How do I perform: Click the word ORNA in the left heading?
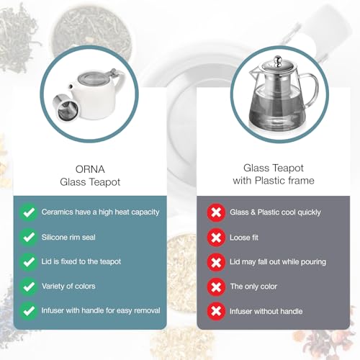click(x=90, y=169)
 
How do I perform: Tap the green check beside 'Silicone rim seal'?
click(x=29, y=237)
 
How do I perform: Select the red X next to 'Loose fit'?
click(x=216, y=238)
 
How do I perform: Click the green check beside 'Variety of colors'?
click(x=29, y=287)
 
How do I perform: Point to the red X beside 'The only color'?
click(x=216, y=287)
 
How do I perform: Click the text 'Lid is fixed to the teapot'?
click(x=81, y=261)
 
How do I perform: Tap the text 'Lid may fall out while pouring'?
click(x=278, y=261)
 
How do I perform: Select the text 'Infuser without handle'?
click(x=266, y=311)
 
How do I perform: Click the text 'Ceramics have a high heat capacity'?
click(x=100, y=212)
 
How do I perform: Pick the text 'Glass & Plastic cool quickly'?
click(x=275, y=212)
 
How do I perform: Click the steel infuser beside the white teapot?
click(x=66, y=107)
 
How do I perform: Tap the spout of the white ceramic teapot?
click(x=71, y=88)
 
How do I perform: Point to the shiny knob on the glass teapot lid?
click(x=278, y=60)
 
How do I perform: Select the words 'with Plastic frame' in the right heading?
click(x=274, y=181)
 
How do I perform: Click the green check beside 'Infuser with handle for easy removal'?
click(x=29, y=311)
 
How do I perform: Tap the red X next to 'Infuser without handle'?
click(x=216, y=312)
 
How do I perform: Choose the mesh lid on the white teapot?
click(x=92, y=78)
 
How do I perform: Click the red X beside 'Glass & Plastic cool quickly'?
click(x=216, y=212)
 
